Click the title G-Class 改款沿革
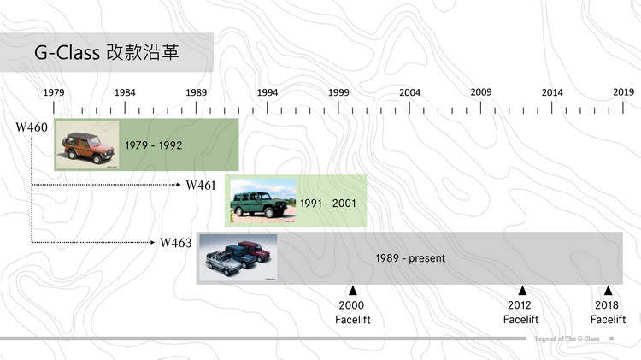coord(111,53)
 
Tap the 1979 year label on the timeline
coord(54,92)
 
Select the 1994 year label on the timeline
coord(268,92)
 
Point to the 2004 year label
coord(409,92)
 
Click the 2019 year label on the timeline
coord(622,92)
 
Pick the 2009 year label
coord(481,92)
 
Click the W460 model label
coord(32,127)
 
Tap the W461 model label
coord(202,185)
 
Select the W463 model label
coord(176,243)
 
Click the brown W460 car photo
coord(85,145)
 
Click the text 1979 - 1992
coord(154,145)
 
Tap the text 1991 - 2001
coord(328,204)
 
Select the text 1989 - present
coord(411,257)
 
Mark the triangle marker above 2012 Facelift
coord(521,291)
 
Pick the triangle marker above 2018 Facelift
coord(608,291)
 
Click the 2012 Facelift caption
coord(520,313)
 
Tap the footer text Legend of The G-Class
coord(565,339)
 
